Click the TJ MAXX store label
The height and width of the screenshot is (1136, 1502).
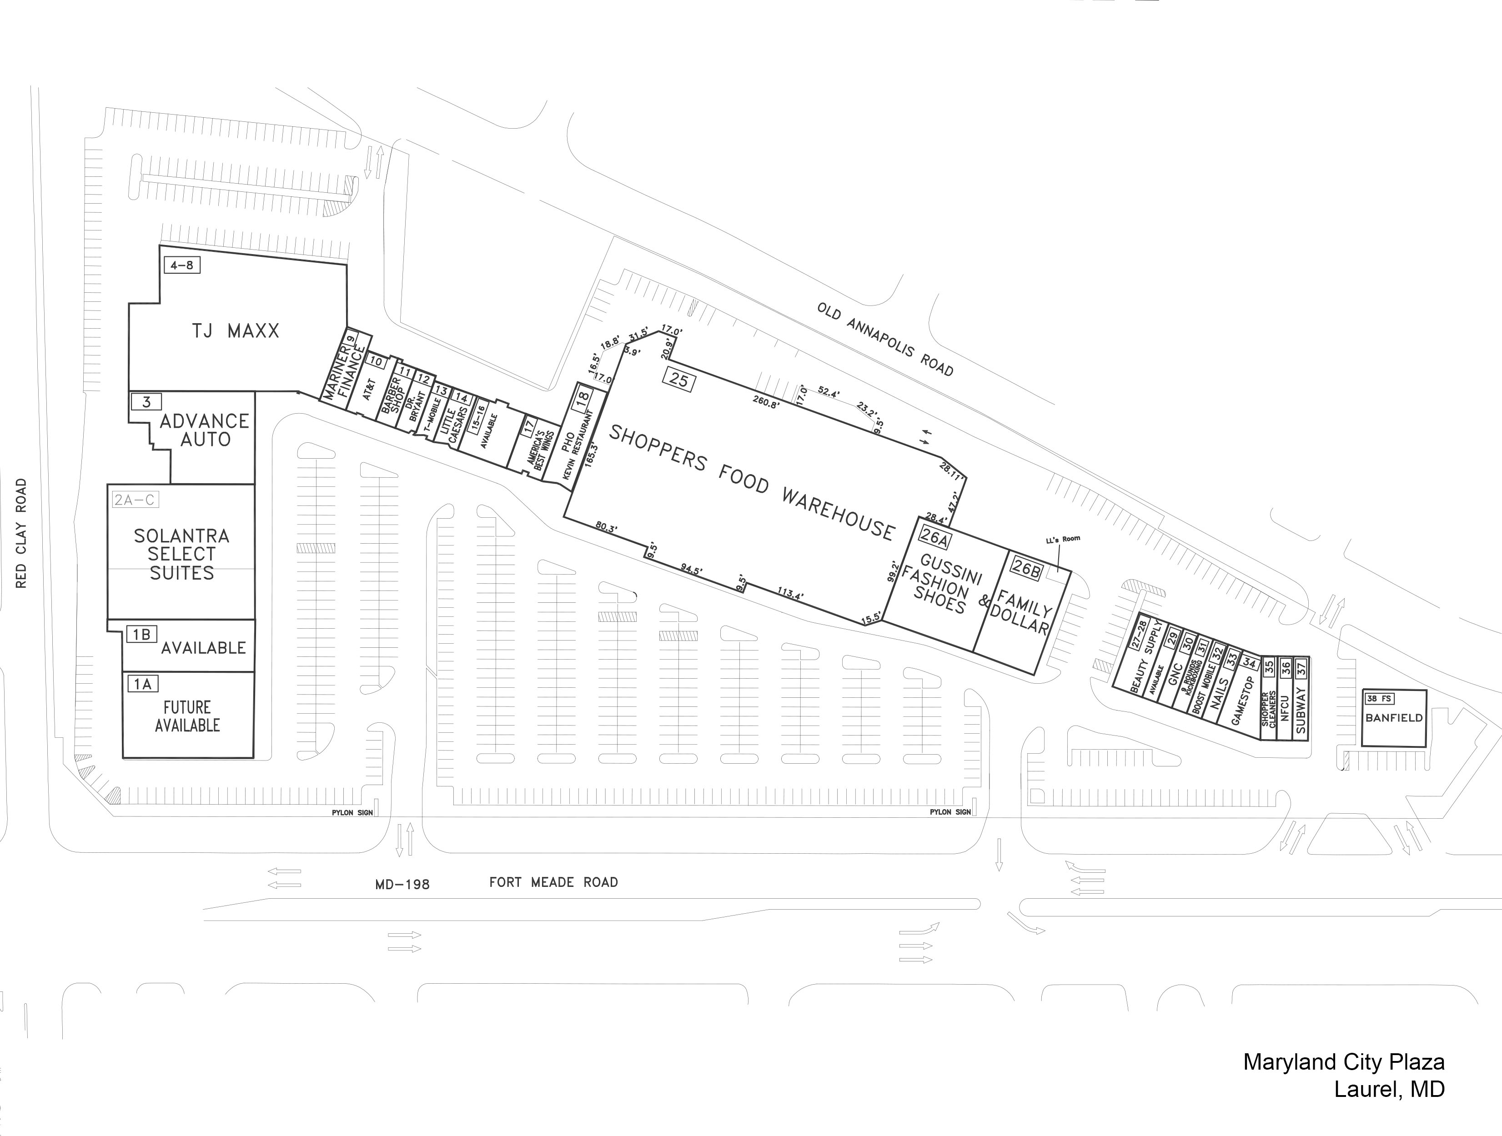[x=235, y=331]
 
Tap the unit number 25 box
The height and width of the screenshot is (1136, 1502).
[x=678, y=379]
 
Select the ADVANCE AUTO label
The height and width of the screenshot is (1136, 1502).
[x=204, y=430]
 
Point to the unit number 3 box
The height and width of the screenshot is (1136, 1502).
[x=146, y=402]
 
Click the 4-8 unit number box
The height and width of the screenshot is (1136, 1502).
[x=182, y=265]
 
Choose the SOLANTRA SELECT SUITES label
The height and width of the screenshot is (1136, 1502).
[x=181, y=555]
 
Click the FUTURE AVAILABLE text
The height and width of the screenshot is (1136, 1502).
[x=187, y=716]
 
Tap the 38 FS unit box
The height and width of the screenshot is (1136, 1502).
[x=1379, y=698]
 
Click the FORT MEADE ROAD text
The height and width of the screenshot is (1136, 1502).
[x=553, y=882]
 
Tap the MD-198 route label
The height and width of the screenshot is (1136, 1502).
[x=402, y=884]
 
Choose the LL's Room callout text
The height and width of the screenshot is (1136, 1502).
[x=1063, y=540]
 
